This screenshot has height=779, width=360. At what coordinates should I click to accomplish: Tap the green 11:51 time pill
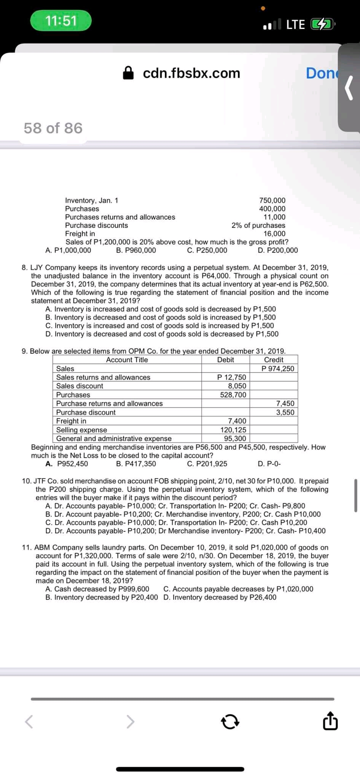61,21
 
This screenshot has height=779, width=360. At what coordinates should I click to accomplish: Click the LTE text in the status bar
295,25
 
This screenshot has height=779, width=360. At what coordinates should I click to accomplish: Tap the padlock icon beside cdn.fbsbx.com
129,73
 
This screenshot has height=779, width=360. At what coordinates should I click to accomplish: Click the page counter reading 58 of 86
53,128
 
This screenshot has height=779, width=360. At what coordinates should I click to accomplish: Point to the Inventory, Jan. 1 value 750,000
272,200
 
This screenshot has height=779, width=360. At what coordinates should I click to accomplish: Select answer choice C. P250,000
207,250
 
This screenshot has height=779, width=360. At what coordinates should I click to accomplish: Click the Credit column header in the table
274,360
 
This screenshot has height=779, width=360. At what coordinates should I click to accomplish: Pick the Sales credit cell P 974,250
278,369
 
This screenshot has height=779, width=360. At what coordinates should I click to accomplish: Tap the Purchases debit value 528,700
233,395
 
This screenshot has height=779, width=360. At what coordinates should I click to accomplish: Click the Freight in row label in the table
71,421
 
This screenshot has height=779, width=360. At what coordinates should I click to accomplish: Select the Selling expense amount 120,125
233,430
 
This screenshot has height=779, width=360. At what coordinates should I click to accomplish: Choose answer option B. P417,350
136,464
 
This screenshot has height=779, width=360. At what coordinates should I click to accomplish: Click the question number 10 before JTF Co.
27,481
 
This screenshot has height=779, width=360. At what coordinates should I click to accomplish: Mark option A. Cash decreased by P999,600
97,589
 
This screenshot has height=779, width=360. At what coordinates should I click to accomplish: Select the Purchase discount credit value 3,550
285,412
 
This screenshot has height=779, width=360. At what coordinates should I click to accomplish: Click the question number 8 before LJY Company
24,267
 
